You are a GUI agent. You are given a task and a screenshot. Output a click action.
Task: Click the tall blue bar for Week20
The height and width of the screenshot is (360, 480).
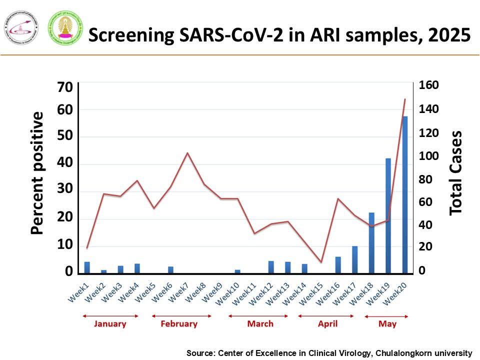[405, 195]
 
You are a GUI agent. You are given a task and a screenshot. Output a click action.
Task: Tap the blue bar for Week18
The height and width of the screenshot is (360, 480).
[371, 243]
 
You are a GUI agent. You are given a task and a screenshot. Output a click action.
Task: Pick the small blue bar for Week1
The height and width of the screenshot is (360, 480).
[87, 267]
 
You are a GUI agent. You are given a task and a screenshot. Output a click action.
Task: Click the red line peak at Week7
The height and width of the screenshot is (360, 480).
[187, 153]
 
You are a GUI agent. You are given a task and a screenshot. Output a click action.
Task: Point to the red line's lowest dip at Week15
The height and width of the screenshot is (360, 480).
[321, 262]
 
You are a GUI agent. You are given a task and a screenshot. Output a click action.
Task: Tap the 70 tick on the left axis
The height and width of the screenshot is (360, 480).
[65, 87]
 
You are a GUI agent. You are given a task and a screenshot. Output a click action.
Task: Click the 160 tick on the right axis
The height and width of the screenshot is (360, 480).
[428, 85]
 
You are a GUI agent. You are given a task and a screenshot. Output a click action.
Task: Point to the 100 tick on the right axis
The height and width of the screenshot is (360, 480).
[428, 156]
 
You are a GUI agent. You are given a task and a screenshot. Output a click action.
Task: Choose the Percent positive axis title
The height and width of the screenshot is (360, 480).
[37, 172]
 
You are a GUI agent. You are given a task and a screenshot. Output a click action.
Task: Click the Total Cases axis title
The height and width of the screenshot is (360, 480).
[456, 172]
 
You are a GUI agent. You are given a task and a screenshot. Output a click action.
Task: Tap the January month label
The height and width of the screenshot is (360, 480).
[110, 323]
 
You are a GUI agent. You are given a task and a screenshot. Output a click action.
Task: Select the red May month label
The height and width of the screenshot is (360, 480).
[387, 323]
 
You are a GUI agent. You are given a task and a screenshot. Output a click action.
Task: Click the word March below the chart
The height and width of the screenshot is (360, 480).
[260, 323]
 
